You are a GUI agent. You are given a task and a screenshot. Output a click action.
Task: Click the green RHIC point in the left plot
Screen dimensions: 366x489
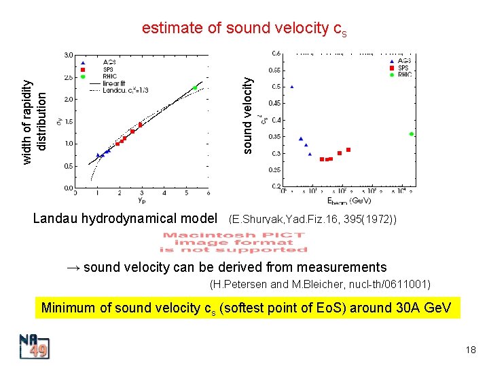point(195,87)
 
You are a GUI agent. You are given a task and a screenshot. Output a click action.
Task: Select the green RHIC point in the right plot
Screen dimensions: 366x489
point(412,134)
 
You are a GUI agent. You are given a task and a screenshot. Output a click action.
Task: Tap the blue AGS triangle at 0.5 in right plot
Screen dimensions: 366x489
point(292,87)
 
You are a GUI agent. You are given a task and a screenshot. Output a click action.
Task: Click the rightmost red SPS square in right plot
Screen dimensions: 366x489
point(348,150)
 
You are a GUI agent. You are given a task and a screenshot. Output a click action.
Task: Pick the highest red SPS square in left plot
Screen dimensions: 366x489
point(141,125)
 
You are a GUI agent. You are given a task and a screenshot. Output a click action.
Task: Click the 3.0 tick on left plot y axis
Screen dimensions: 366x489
point(69,55)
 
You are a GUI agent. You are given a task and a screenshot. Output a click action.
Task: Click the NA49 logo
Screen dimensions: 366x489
point(34,347)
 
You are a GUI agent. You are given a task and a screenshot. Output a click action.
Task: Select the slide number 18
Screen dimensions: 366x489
point(471,350)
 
